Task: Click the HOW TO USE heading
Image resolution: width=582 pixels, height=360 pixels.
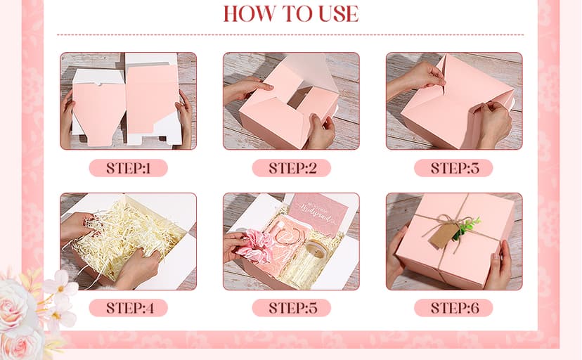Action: coord(290,13)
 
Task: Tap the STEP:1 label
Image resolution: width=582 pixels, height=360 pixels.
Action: coord(128,168)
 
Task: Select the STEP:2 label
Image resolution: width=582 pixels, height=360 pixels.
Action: coord(291,168)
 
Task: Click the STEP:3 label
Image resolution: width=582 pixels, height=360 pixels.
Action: coord(453,168)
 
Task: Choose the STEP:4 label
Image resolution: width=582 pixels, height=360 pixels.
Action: coord(128,308)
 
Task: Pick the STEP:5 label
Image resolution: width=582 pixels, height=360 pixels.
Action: coord(291,308)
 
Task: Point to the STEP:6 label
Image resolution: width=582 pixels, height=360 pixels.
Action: coord(453,308)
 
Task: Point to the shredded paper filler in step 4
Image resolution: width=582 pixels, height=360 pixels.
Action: coord(130,236)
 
